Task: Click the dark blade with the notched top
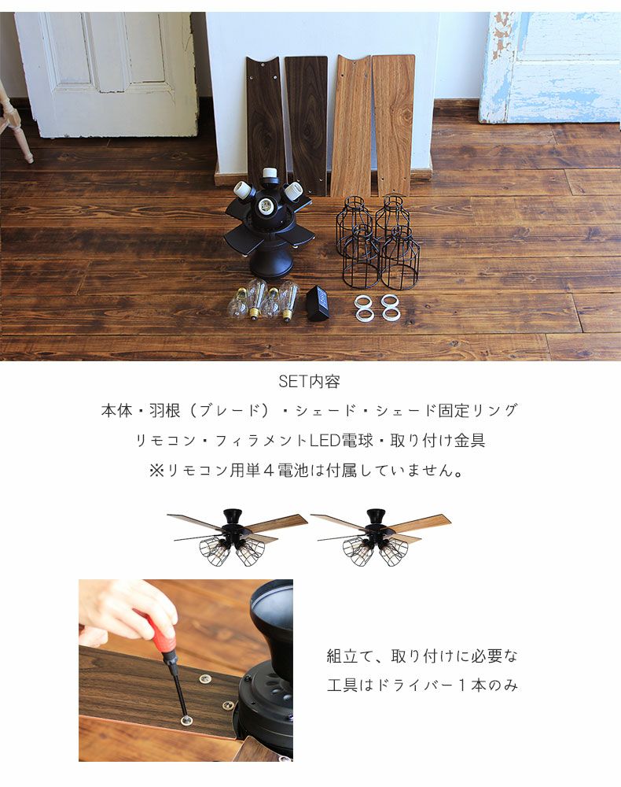(266, 118)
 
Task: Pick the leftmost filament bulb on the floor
(236, 303)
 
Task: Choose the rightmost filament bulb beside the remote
(288, 301)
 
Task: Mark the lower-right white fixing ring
(390, 314)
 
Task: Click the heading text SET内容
(310, 382)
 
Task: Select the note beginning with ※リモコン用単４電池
(310, 471)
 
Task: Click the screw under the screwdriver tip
(187, 719)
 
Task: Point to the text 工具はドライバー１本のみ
(422, 685)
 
